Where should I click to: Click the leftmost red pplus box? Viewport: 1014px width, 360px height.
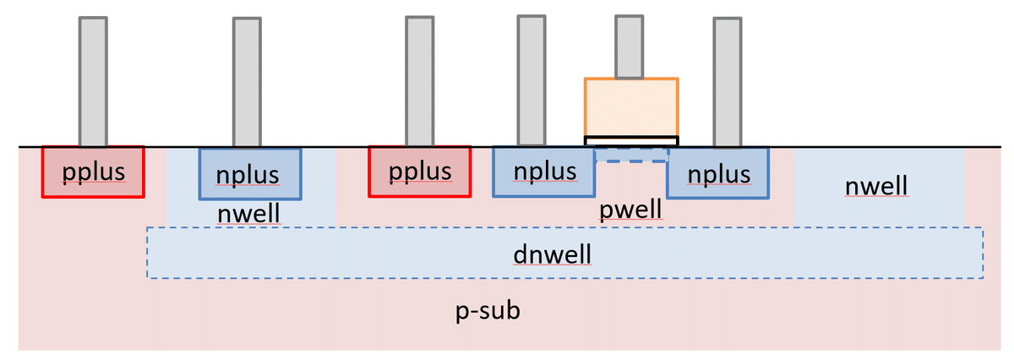(93, 172)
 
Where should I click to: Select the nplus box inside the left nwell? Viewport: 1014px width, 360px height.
(249, 174)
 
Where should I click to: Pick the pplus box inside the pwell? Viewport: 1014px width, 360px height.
(420, 172)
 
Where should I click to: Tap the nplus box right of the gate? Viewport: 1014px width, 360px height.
(717, 173)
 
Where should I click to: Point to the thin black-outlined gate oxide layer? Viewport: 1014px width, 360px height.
(631, 140)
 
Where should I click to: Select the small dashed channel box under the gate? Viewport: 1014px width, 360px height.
(631, 155)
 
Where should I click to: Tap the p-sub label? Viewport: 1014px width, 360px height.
(488, 311)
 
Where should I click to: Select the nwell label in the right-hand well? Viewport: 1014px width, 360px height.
(876, 185)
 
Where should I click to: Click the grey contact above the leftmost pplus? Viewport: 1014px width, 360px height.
(93, 81)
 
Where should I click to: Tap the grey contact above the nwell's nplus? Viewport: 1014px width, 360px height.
(247, 82)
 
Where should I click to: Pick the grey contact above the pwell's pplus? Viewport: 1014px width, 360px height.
(420, 81)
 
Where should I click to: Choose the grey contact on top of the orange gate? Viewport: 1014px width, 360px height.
(630, 46)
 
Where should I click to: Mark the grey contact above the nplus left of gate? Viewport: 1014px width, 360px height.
(531, 81)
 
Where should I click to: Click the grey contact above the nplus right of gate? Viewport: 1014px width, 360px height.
(727, 82)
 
